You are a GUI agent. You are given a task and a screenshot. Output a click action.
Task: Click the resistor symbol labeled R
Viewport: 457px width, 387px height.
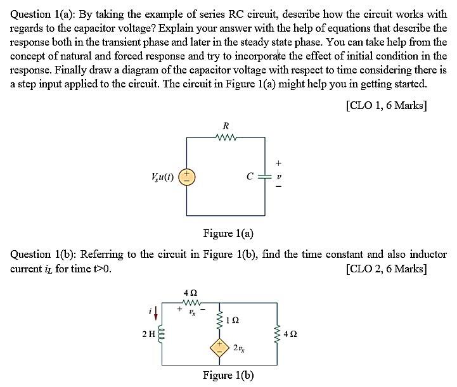(x=225, y=136)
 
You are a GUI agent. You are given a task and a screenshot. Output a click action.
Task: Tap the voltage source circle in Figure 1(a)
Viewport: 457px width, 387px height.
(x=186, y=177)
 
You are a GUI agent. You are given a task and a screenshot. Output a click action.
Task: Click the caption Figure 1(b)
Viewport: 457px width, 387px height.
(x=228, y=375)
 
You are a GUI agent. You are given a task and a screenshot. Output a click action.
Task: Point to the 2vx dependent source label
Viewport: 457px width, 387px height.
(x=240, y=348)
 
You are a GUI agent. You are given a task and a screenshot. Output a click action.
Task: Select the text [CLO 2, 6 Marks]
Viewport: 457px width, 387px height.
(x=386, y=269)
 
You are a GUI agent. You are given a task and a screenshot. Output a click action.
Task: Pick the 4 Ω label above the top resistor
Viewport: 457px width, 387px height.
(x=190, y=293)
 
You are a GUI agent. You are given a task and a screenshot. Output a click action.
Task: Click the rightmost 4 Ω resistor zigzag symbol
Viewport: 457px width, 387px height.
(x=277, y=333)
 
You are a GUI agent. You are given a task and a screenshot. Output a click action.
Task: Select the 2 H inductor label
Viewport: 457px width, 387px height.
(x=148, y=333)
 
